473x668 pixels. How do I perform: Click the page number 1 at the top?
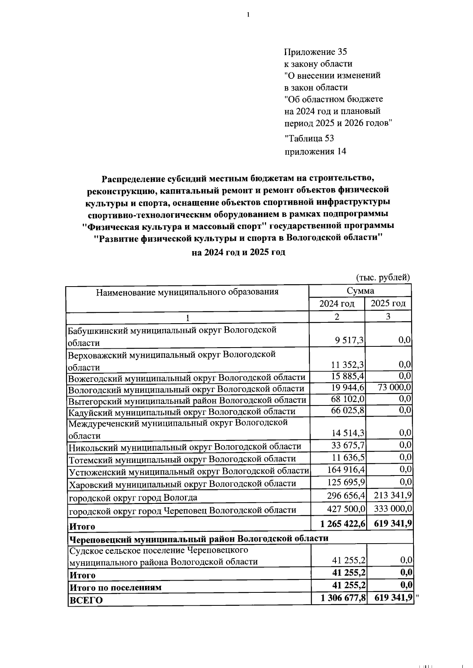click(248, 15)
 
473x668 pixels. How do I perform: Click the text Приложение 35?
click(315, 52)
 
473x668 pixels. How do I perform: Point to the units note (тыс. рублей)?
click(383, 277)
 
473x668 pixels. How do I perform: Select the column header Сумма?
click(360, 291)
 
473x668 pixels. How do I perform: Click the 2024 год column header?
click(337, 303)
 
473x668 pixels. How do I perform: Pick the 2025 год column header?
click(388, 303)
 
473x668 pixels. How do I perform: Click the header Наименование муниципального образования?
click(187, 292)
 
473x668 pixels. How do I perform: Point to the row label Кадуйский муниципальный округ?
click(182, 412)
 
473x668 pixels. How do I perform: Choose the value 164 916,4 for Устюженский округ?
click(346, 470)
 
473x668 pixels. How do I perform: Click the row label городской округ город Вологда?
click(133, 498)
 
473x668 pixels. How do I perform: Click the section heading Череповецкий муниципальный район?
click(199, 538)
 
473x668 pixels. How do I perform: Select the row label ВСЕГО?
click(86, 600)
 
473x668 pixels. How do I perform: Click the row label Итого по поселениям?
click(115, 587)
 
